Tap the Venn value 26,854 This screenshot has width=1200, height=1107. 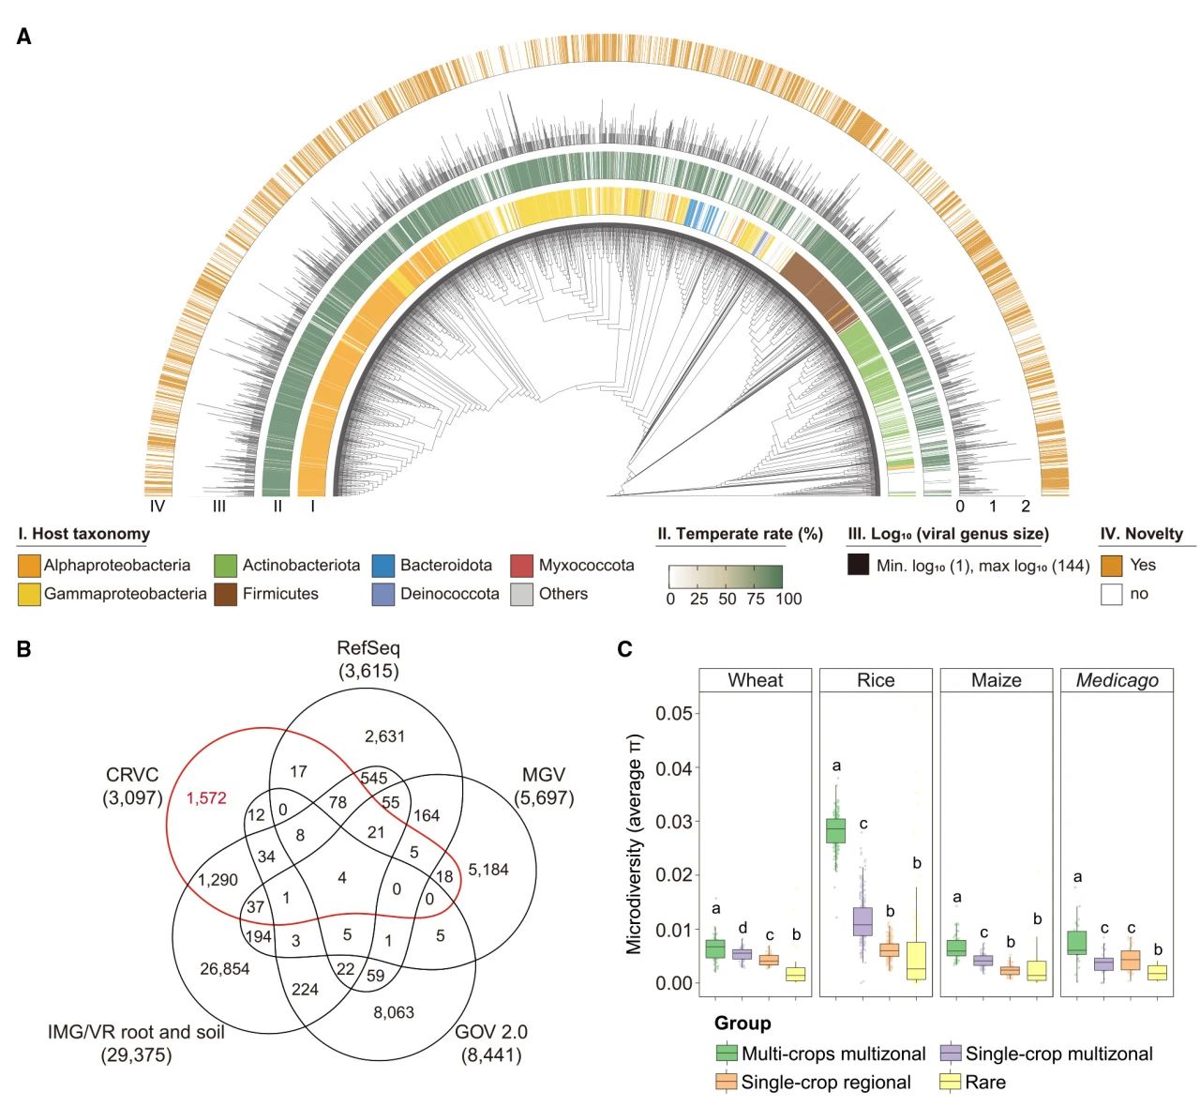tap(225, 968)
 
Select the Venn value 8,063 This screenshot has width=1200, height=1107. tap(394, 1012)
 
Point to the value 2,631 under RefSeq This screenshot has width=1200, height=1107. tap(384, 735)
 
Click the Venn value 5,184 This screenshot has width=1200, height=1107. tap(487, 870)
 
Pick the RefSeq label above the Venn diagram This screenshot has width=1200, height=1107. tap(368, 648)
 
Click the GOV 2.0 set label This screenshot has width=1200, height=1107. tap(490, 1032)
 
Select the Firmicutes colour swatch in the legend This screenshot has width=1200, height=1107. tap(226, 594)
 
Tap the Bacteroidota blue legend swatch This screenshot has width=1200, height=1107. tap(383, 566)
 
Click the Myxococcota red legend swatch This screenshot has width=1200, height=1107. tap(522, 566)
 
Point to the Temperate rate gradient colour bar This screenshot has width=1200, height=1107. tap(726, 575)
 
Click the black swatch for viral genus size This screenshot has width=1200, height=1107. tap(858, 566)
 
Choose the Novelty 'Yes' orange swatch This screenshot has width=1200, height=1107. tap(1112, 566)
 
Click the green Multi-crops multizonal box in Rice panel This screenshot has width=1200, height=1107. tap(835, 831)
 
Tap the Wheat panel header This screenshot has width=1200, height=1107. tap(756, 680)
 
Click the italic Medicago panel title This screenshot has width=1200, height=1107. tap(1117, 680)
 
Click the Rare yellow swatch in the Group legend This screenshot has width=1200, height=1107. tap(950, 1082)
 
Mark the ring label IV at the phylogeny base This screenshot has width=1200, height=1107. tap(157, 507)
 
